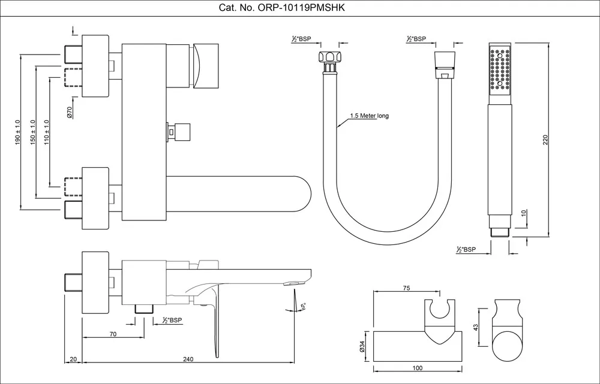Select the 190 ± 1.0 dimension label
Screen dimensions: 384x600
pos(17,131)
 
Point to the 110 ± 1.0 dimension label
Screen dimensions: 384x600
pos(46,131)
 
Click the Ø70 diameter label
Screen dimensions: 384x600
pos(70,111)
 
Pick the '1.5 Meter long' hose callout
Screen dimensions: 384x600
pos(370,116)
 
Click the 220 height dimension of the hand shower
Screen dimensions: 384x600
pos(545,140)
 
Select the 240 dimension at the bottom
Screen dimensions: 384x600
pos(187,359)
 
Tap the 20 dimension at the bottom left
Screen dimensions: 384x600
pos(73,359)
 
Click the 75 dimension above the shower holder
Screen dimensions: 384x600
pos(406,288)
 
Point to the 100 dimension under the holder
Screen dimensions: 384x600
pos(418,368)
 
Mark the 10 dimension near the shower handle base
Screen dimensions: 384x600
pos(524,213)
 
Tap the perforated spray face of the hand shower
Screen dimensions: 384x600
pos(499,69)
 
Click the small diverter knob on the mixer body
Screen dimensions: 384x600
pos(181,130)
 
